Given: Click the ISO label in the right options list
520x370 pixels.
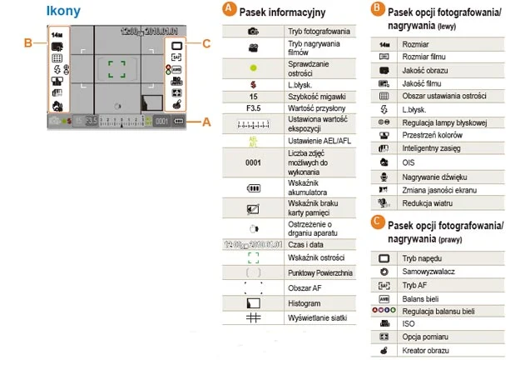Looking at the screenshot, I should (408, 323).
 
